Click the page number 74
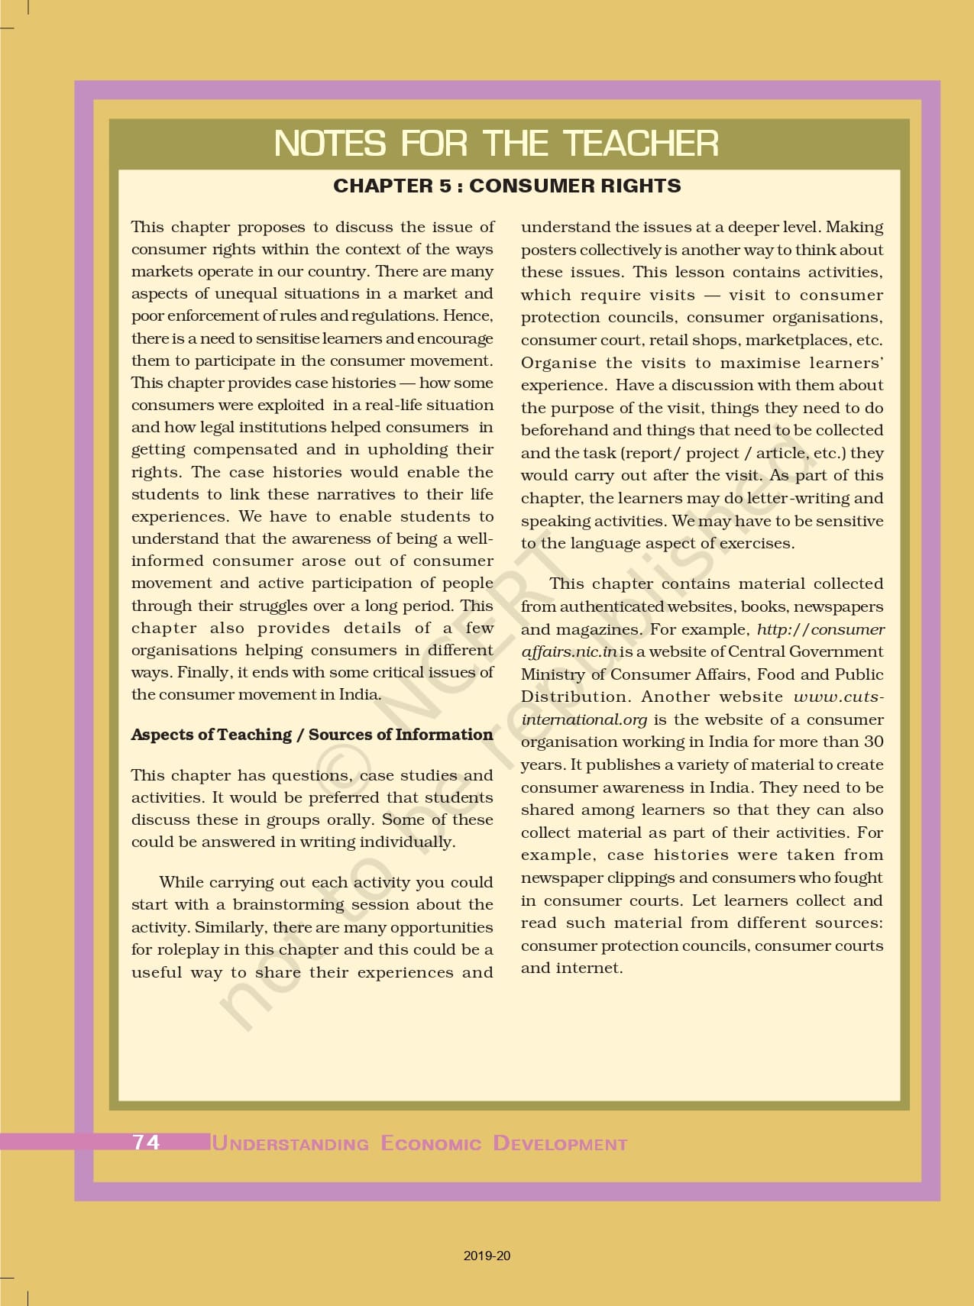146,1142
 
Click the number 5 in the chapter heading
445,186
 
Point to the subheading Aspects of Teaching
211,735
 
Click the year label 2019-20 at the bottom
487,1256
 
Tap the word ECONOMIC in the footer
431,1143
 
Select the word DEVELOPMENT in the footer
560,1143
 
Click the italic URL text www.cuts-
838,697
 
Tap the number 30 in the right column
873,742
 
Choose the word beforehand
565,431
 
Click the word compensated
245,450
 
